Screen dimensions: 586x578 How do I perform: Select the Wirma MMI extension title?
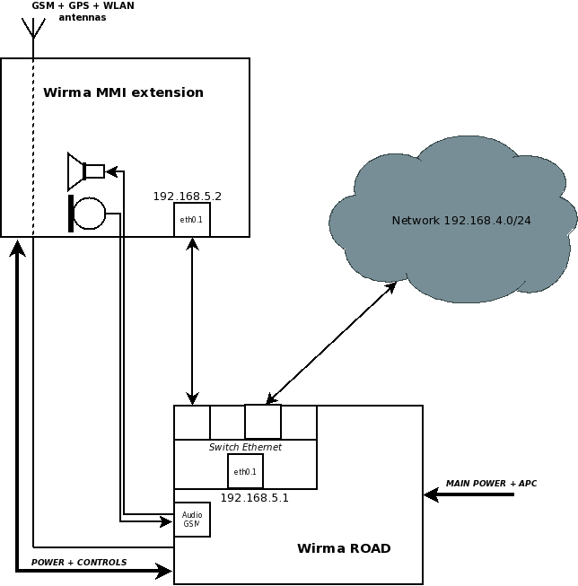tap(123, 92)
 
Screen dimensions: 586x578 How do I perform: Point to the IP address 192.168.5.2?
tap(187, 196)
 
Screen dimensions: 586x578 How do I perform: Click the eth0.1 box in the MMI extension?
tap(191, 220)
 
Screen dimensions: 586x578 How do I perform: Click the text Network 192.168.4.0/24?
tap(461, 221)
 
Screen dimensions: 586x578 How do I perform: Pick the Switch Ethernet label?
tap(245, 447)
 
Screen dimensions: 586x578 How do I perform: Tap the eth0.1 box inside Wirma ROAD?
tap(245, 471)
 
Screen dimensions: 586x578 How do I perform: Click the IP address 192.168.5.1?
tap(254, 497)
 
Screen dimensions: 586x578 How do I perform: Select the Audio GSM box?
tap(191, 520)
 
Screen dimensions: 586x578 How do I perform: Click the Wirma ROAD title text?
tap(344, 548)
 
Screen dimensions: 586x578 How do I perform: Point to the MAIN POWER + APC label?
tap(491, 484)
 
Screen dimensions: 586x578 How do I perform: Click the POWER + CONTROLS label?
tap(79, 563)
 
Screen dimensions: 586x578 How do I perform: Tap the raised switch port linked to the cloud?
tap(263, 421)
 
